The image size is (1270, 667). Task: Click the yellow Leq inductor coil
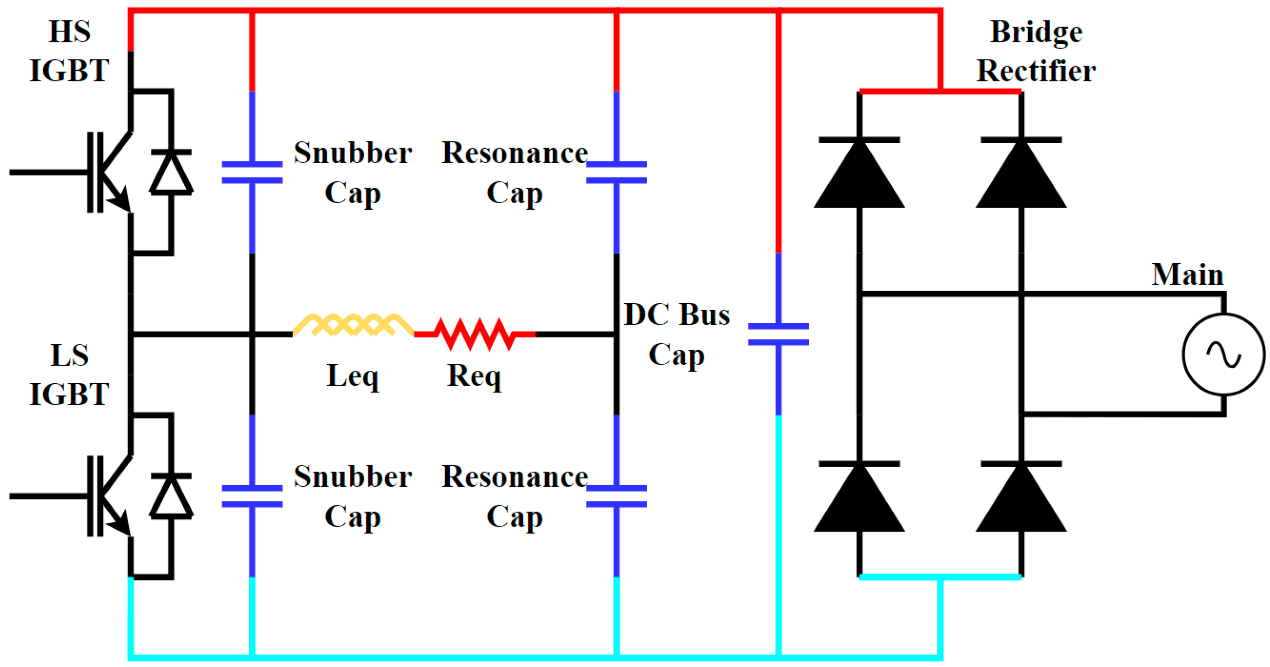pyautogui.click(x=353, y=326)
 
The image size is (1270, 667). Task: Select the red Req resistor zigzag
pyautogui.click(x=475, y=334)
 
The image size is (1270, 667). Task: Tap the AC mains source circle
pyautogui.click(x=1223, y=354)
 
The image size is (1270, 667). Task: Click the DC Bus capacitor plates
pyautogui.click(x=778, y=334)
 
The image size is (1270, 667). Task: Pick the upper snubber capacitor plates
pyautogui.click(x=252, y=172)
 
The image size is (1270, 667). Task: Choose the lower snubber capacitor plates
pyautogui.click(x=252, y=496)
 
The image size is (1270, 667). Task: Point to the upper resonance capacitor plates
pyautogui.click(x=616, y=172)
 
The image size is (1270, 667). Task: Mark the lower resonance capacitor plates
pyautogui.click(x=616, y=496)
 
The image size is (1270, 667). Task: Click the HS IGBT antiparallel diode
pyautogui.click(x=171, y=172)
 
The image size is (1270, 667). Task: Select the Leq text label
pyautogui.click(x=353, y=377)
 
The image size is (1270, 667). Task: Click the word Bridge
pyautogui.click(x=1036, y=33)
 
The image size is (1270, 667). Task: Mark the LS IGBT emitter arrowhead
pyautogui.click(x=120, y=526)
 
